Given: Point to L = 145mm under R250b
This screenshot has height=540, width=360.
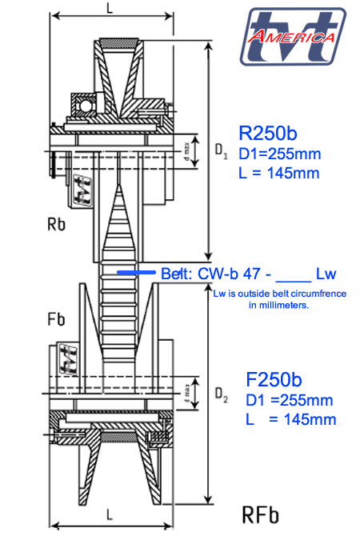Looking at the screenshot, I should pos(280,173).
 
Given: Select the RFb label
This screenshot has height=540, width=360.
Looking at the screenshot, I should pos(260,514).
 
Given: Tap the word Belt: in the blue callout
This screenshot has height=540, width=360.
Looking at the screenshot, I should pos(176,274).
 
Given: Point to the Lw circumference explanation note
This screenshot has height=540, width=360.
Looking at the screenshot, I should pos(279,299).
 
